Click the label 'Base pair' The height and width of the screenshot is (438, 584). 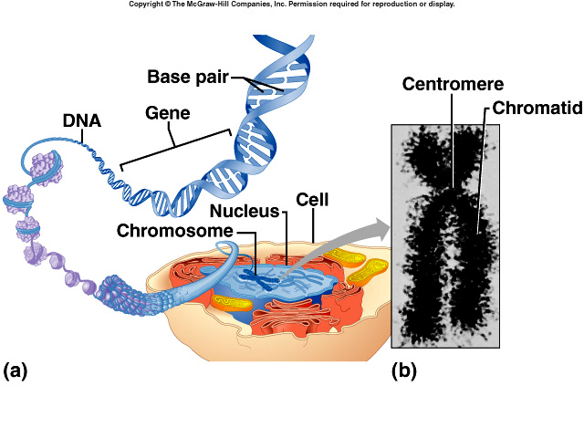pos(188,75)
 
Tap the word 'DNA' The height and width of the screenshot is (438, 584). pos(81,120)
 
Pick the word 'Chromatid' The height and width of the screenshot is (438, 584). pos(537,108)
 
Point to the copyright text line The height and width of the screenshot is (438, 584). pos(291,5)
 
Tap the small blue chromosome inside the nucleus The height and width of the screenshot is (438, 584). pos(268,270)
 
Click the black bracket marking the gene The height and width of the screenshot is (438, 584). pos(173,150)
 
